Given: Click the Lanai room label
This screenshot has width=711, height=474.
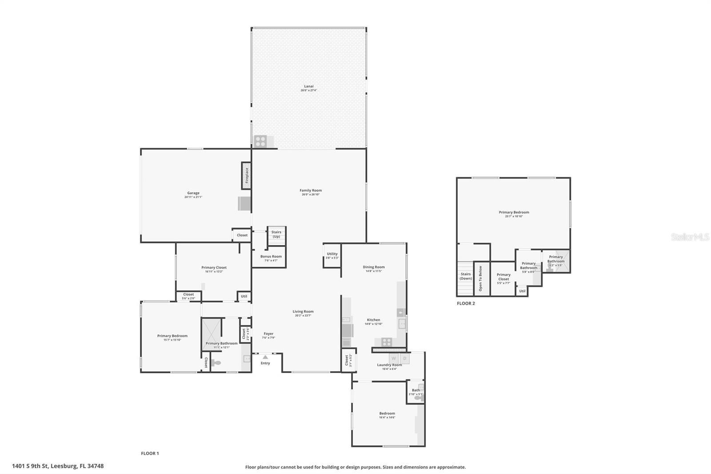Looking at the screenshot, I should tap(309, 86).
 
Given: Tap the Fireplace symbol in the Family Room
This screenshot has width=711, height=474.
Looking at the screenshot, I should tap(246, 175).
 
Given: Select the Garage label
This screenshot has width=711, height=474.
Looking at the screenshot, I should tap(193, 193).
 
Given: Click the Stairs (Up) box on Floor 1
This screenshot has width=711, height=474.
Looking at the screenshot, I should tap(276, 234).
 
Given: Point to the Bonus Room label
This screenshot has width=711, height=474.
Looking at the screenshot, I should tap(271, 257).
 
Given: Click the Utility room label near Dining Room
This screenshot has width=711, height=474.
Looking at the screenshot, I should tap(332, 254).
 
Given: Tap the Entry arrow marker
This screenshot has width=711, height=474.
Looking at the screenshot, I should tap(265, 357).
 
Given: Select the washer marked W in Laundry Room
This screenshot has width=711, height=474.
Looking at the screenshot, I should tap(394, 358).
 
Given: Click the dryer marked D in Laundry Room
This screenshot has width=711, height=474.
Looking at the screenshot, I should tap(405, 358).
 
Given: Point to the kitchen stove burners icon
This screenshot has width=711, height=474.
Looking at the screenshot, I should tap(387, 342).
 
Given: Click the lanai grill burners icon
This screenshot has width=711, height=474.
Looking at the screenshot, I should tap(260, 141).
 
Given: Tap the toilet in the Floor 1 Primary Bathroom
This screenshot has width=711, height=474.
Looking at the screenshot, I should tap(216, 363).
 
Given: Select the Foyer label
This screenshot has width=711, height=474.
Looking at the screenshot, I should tap(268, 333).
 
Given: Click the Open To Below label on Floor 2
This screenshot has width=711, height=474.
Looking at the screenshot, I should tap(480, 279).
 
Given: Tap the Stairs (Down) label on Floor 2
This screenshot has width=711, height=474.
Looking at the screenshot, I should tap(466, 276).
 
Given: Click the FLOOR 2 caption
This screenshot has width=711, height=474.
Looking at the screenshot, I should tap(466, 303).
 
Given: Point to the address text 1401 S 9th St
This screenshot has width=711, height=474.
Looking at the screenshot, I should tap(58, 466).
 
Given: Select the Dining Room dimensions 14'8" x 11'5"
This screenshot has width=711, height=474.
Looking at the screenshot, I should tap(374, 271).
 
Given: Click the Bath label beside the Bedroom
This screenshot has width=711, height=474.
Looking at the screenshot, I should tap(415, 390).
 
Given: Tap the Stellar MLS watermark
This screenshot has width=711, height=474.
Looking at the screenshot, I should tap(690, 237).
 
